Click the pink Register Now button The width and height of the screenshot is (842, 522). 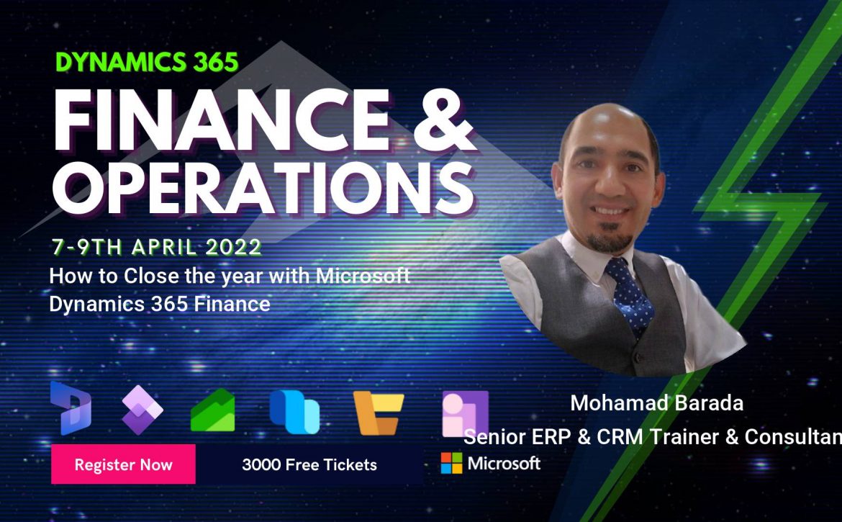tap(124, 464)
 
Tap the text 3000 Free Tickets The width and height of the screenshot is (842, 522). tap(309, 464)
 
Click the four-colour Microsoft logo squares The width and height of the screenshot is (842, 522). tap(451, 463)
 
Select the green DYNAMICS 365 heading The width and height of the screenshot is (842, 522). tap(147, 63)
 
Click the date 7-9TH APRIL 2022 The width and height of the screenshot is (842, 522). tap(157, 247)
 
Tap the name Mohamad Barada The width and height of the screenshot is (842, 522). tap(657, 402)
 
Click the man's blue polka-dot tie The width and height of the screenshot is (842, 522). tap(630, 294)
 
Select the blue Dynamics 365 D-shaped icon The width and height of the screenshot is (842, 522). tap(71, 408)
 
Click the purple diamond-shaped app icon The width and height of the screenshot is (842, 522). tap(142, 410)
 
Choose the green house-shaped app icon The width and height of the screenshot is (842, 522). tap(212, 410)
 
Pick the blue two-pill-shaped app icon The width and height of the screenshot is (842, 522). tap(294, 411)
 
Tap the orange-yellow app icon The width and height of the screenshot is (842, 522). tap(378, 413)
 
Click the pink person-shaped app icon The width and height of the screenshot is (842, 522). tap(465, 413)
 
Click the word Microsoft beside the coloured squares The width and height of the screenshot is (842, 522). tap(504, 463)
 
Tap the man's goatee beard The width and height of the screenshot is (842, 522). tap(610, 240)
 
